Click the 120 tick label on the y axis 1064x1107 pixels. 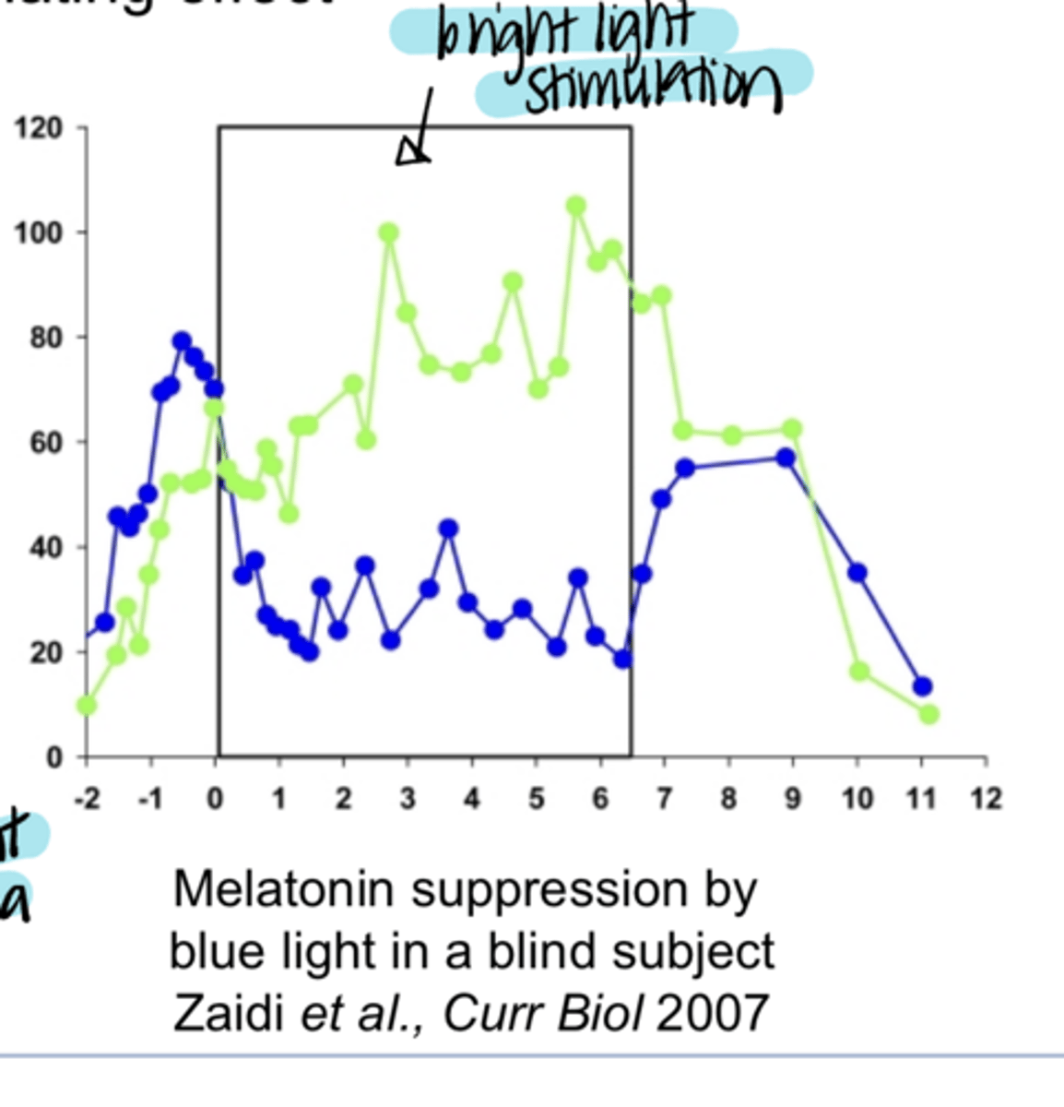point(39,127)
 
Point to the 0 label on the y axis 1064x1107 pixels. point(53,758)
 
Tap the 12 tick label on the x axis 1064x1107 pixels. point(985,798)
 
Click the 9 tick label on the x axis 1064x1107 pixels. point(792,798)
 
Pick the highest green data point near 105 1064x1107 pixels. point(576,206)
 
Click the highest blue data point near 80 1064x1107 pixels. point(182,341)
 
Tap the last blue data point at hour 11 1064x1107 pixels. point(922,686)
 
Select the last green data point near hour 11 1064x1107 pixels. point(928,714)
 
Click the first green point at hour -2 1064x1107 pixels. point(87,706)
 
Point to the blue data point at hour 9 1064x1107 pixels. point(786,458)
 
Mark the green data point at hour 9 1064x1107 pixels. point(792,429)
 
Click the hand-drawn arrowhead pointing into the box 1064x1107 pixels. point(412,151)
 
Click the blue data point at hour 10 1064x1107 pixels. point(857,573)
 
